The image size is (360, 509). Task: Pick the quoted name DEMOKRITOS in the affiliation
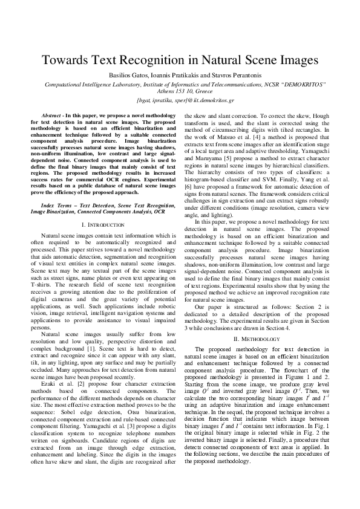click(x=313, y=86)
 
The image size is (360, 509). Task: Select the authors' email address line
click(x=180, y=100)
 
